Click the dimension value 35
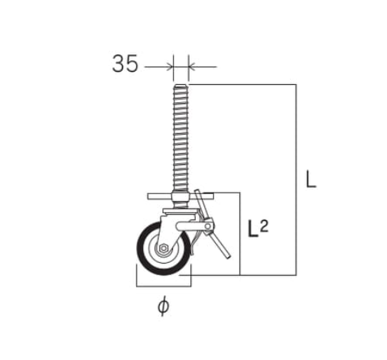[125, 63]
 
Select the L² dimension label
[259, 229]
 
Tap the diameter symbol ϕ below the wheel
[163, 306]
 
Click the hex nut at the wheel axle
[163, 248]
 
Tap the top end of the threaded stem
[180, 85]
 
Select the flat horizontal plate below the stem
[180, 196]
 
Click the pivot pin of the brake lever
[208, 226]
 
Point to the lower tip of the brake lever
[229, 257]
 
